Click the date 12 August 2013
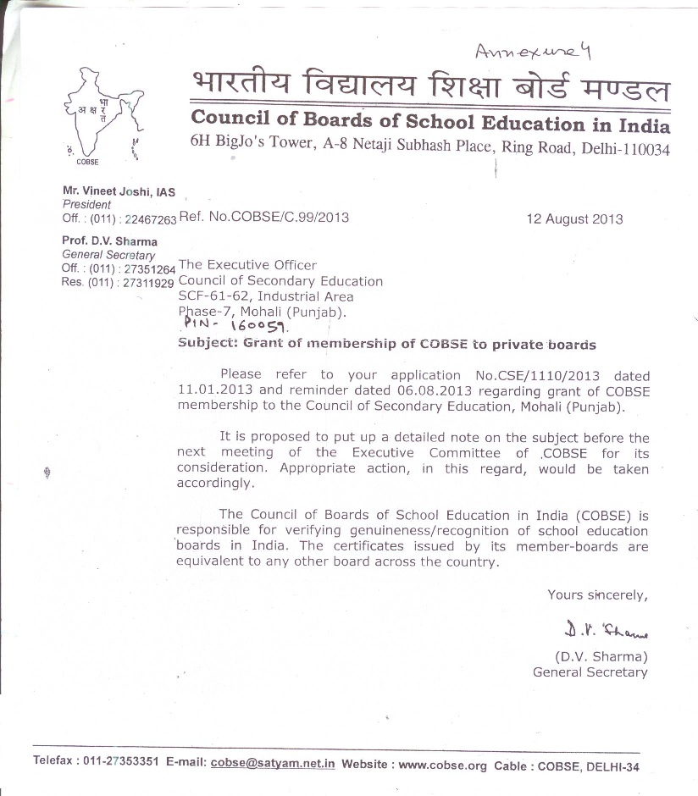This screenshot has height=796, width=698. pyautogui.click(x=574, y=218)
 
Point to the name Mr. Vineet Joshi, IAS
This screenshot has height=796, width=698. pyautogui.click(x=119, y=192)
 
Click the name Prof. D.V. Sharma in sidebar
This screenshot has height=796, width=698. pyautogui.click(x=109, y=241)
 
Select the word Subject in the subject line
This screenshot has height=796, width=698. pyautogui.click(x=208, y=345)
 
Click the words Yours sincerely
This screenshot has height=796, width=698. pyautogui.click(x=597, y=594)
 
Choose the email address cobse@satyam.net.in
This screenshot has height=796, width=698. pyautogui.click(x=273, y=762)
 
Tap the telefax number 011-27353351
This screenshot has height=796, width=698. pyautogui.click(x=121, y=760)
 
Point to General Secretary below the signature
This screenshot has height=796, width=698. pyautogui.click(x=590, y=672)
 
